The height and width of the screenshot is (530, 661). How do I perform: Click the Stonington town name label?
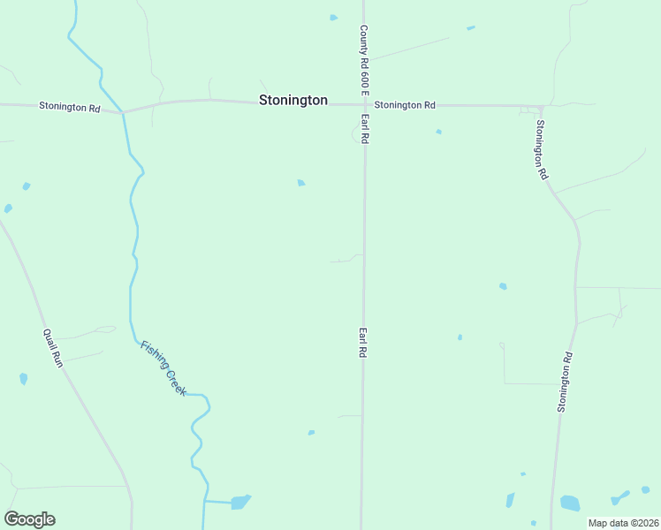[x=293, y=101]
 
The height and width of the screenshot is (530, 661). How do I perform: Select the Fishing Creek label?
[x=163, y=367]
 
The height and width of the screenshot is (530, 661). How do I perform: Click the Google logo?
[x=29, y=519]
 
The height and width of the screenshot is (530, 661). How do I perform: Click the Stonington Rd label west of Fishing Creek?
[x=69, y=107]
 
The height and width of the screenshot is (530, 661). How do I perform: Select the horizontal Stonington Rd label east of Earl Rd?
[x=405, y=105]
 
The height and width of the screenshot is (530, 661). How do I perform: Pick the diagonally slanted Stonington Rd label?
[x=541, y=150]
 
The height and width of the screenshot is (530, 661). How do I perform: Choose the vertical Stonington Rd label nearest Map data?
[x=566, y=382]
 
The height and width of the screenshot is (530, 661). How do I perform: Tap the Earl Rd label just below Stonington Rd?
[x=364, y=129]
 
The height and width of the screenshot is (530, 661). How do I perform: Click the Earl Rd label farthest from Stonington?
[x=362, y=342]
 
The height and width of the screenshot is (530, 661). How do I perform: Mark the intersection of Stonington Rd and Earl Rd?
[x=364, y=104]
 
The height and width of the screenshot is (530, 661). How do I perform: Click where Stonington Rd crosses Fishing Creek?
[x=123, y=112]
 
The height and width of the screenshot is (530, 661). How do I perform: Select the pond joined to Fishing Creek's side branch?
[x=239, y=502]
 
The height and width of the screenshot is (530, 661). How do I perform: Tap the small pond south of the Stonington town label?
[x=301, y=183]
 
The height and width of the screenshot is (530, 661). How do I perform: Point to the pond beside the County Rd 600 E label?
[x=333, y=17]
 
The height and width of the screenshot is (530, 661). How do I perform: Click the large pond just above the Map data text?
[x=570, y=503]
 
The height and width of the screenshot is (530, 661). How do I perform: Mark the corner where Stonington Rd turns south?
[x=540, y=108]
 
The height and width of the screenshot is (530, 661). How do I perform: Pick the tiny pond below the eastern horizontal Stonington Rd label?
[x=438, y=132]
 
